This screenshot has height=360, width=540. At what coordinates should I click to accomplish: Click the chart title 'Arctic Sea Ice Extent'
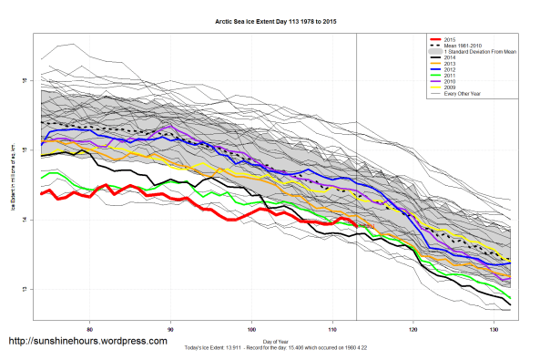pyautogui.click(x=270, y=19)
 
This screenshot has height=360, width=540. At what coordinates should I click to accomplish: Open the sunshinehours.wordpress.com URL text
pyautogui.click(x=87, y=341)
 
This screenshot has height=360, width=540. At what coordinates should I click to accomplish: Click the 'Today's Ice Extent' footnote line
pyautogui.click(x=270, y=349)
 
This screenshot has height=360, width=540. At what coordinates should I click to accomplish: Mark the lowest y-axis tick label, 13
pyautogui.click(x=25, y=289)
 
